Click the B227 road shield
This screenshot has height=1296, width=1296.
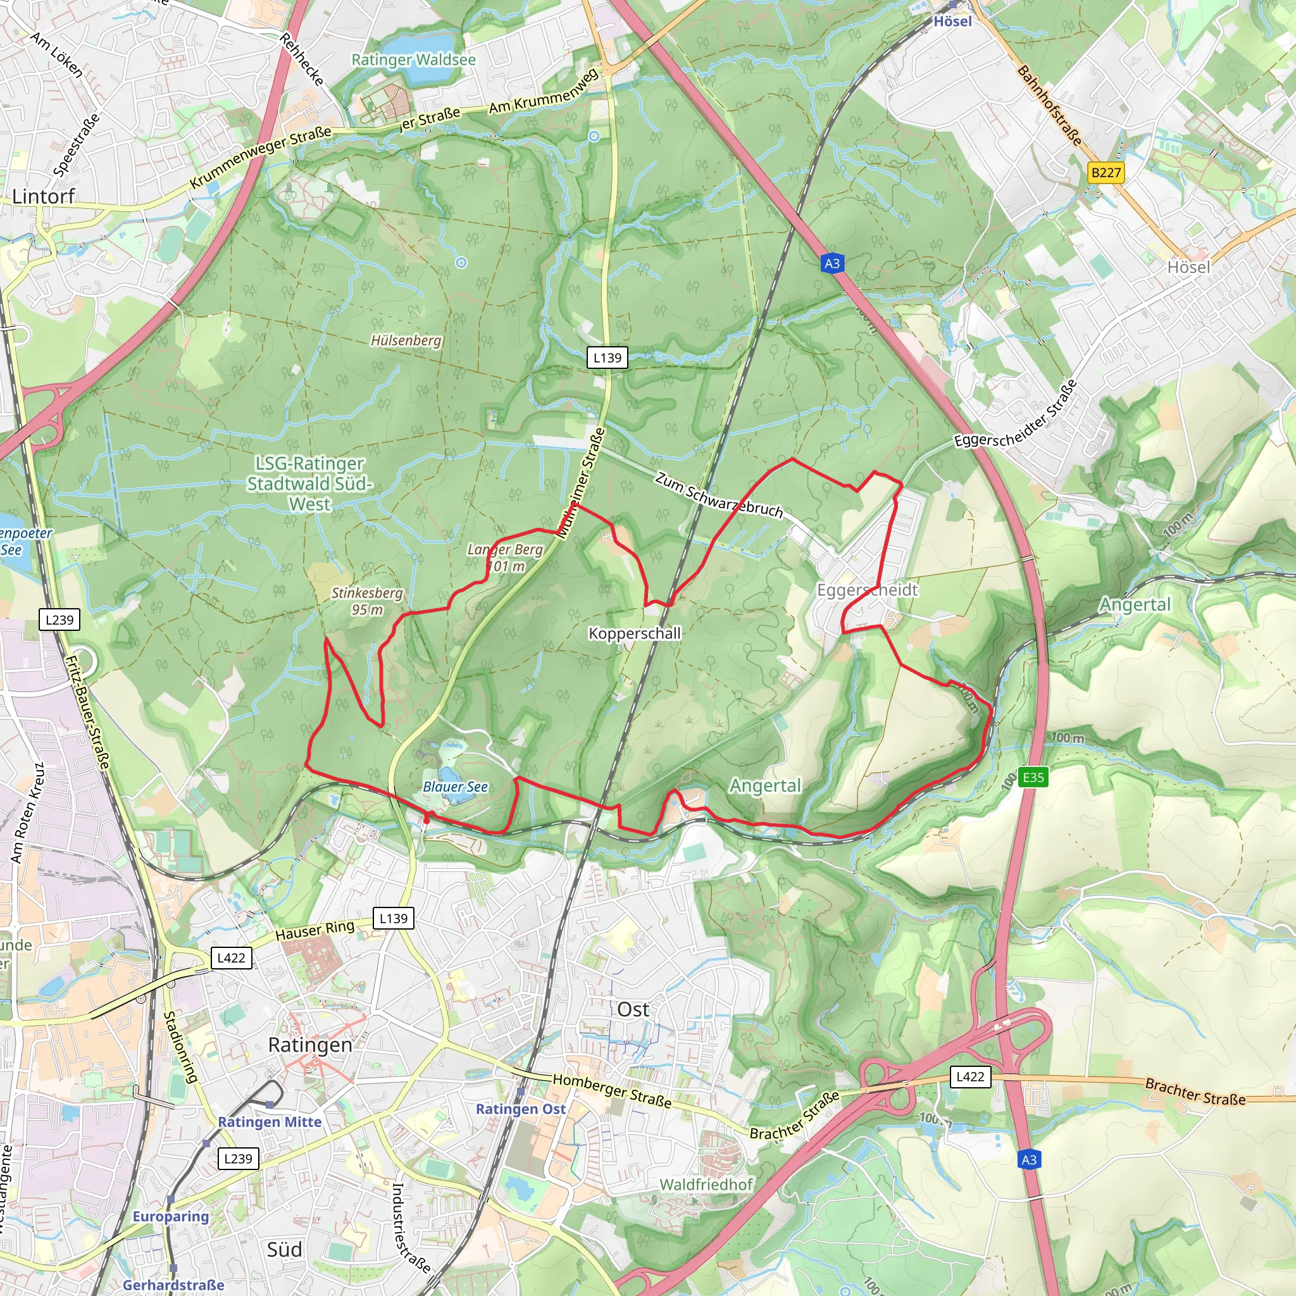point(1106,173)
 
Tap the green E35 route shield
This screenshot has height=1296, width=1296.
point(1033,778)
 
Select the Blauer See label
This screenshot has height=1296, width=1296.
point(456,787)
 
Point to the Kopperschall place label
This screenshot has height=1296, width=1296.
point(635,633)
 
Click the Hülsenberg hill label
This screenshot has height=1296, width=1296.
point(406,341)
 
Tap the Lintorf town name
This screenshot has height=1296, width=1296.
point(44,197)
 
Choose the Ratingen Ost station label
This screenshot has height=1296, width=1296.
point(521,1109)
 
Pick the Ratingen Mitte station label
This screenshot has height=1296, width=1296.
point(270,1122)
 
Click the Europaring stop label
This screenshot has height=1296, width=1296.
point(171,1217)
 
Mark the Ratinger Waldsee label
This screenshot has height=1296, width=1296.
point(414,60)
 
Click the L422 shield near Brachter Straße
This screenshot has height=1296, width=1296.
point(970,1077)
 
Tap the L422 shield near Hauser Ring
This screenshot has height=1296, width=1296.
point(232,958)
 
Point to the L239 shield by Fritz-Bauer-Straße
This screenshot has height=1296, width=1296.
point(59,620)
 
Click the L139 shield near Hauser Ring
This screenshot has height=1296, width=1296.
point(393,918)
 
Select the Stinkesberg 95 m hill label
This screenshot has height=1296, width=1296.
point(368,601)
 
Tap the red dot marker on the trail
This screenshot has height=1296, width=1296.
point(427,819)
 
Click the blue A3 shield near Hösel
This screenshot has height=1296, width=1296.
point(832,264)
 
